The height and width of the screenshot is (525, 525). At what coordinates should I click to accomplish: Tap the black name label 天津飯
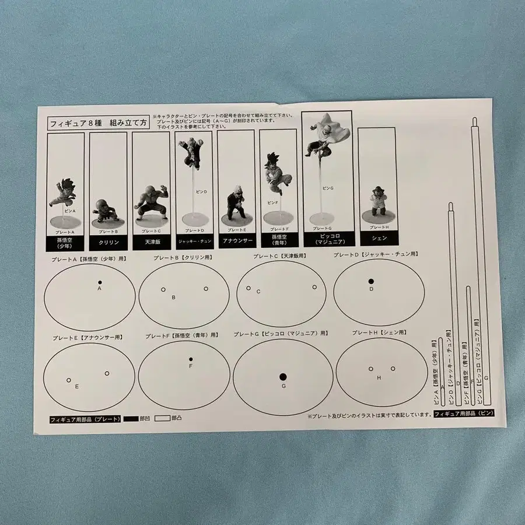150,241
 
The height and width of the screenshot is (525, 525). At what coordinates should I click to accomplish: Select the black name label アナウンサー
236,239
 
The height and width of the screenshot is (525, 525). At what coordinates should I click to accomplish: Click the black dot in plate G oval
283,376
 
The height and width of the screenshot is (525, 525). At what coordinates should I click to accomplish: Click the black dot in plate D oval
371,281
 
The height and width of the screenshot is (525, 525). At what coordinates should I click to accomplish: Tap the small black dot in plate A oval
100,282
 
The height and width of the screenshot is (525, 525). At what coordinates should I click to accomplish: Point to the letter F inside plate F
190,366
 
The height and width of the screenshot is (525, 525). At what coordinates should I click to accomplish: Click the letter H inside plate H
379,378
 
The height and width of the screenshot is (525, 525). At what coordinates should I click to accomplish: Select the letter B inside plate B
173,297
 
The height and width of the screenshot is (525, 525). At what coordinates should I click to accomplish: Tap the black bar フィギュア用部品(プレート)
85,419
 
